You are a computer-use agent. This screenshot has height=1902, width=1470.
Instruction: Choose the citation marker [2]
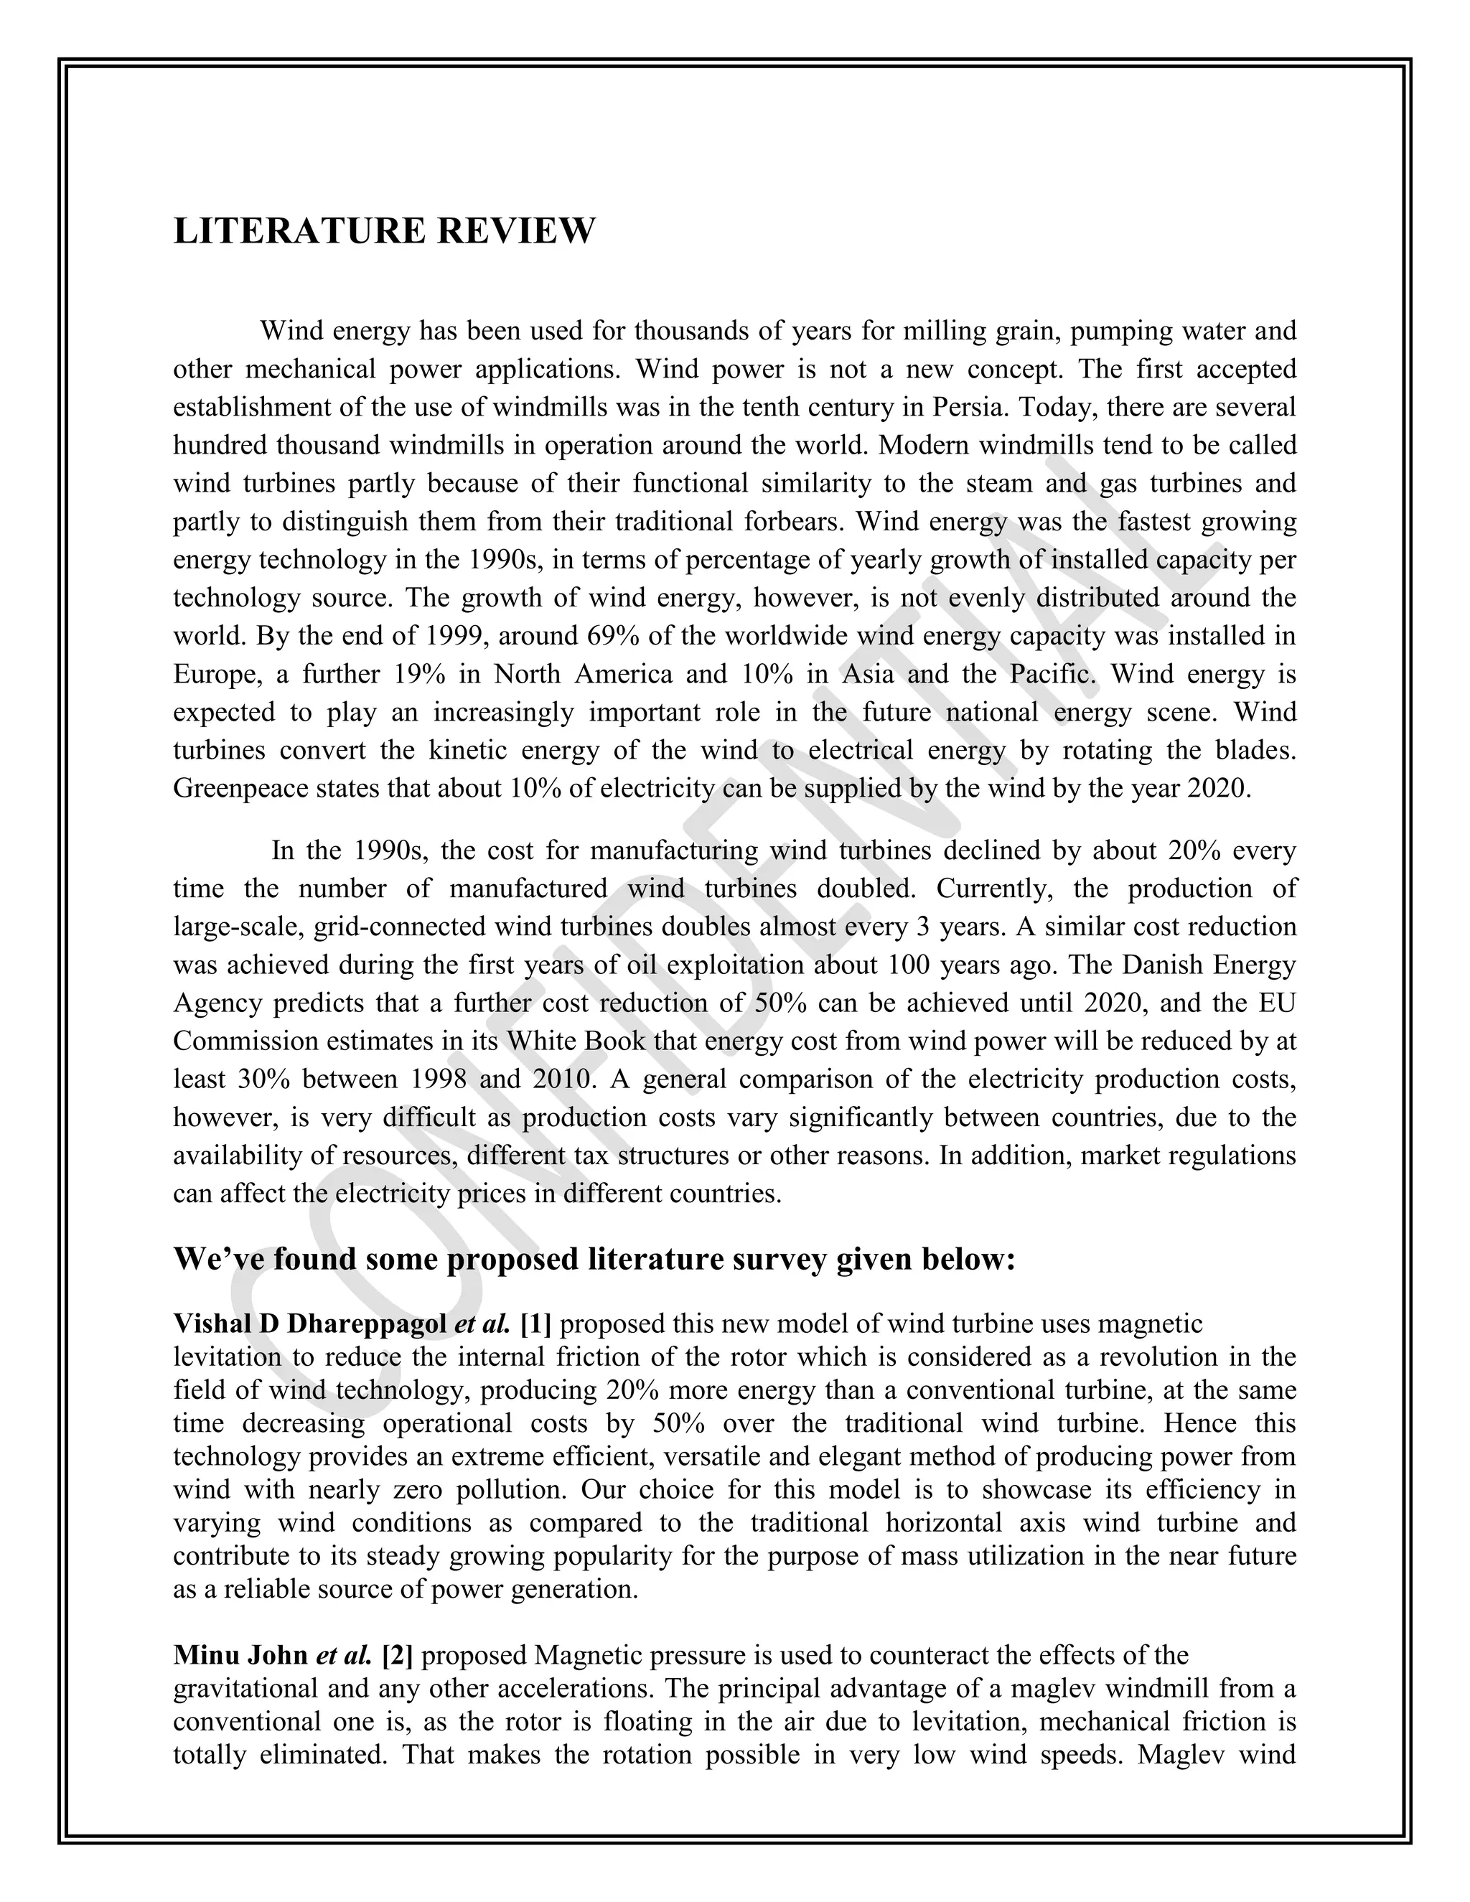point(397,1654)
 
